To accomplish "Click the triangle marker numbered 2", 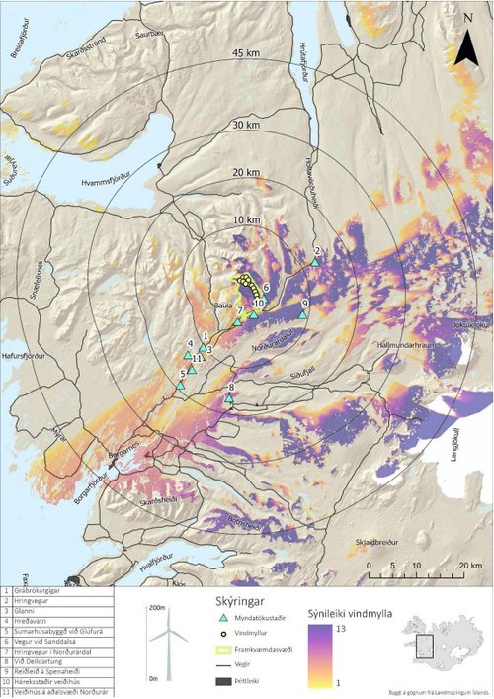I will tap(315, 262).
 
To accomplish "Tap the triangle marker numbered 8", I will tap(229, 398).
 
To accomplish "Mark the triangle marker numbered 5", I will tap(181, 385).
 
